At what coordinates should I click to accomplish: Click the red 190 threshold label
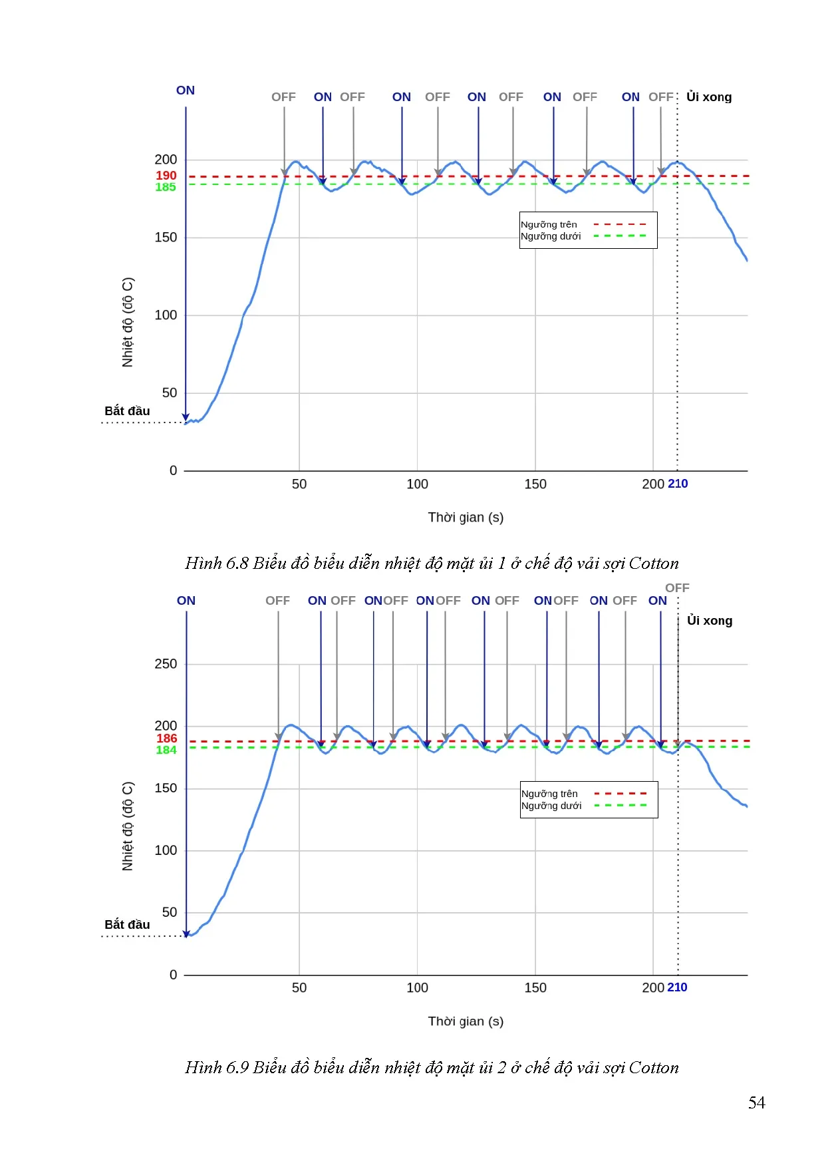[x=166, y=176]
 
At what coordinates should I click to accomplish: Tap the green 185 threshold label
[x=166, y=188]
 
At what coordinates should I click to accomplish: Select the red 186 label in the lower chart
[x=167, y=739]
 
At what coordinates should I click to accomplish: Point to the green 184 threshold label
[x=166, y=750]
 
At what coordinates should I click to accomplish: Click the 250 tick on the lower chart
[x=166, y=664]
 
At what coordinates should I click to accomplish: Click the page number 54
[x=756, y=1103]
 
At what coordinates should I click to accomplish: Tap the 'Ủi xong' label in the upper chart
[x=709, y=97]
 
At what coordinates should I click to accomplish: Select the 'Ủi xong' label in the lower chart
[x=710, y=621]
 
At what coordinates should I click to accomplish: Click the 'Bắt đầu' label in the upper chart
[x=127, y=411]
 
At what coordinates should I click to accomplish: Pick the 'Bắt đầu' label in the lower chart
[x=127, y=925]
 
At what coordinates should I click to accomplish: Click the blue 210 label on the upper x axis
[x=678, y=484]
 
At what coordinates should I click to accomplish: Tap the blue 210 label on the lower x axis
[x=677, y=987]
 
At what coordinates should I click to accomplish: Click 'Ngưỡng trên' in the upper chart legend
[x=549, y=225]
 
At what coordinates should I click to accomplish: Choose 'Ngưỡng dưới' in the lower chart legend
[x=551, y=806]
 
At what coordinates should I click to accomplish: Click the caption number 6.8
[x=237, y=564]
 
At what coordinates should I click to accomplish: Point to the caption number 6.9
[x=237, y=1068]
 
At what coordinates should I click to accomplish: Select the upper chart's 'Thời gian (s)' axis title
[x=466, y=518]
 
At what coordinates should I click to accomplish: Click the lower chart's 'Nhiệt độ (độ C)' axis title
[x=128, y=826]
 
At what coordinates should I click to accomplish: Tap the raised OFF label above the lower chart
[x=677, y=588]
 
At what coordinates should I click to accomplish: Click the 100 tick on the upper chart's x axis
[x=417, y=484]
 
